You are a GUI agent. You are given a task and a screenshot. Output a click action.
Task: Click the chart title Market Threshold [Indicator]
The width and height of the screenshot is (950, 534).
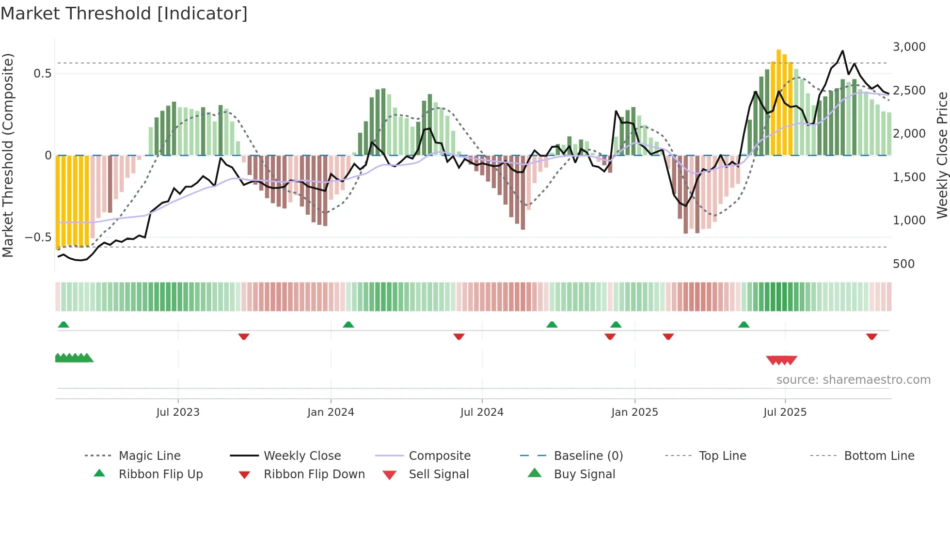pyautogui.click(x=124, y=14)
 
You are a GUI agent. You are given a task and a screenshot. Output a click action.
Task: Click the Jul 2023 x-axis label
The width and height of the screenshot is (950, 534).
pyautogui.click(x=178, y=412)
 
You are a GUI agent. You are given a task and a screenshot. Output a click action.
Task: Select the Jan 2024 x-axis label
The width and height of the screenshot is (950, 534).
pyautogui.click(x=331, y=412)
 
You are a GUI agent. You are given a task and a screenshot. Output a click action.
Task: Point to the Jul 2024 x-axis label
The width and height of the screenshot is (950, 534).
pyautogui.click(x=482, y=412)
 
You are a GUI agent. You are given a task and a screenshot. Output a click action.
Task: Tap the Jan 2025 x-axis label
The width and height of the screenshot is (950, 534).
pyautogui.click(x=634, y=412)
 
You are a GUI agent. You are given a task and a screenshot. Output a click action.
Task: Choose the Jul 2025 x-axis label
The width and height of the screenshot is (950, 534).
pyautogui.click(x=785, y=412)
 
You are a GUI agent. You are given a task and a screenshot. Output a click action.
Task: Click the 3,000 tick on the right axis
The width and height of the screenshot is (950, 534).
pyautogui.click(x=909, y=47)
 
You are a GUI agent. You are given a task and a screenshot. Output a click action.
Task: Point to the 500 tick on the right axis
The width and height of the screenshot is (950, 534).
pyautogui.click(x=903, y=264)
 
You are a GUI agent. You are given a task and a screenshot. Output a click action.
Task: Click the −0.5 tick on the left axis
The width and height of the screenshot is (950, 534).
pyautogui.click(x=38, y=237)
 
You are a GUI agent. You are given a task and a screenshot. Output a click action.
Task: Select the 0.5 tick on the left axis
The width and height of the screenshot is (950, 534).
pyautogui.click(x=42, y=74)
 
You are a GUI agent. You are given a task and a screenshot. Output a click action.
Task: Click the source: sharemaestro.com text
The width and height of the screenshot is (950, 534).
pyautogui.click(x=853, y=380)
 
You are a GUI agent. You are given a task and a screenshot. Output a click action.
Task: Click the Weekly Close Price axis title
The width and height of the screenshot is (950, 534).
pyautogui.click(x=942, y=155)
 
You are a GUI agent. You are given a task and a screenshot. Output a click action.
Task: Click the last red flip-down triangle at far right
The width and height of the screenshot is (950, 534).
pyautogui.click(x=871, y=336)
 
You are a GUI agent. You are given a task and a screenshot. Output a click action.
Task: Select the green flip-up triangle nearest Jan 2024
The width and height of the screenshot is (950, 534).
pyautogui.click(x=348, y=325)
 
